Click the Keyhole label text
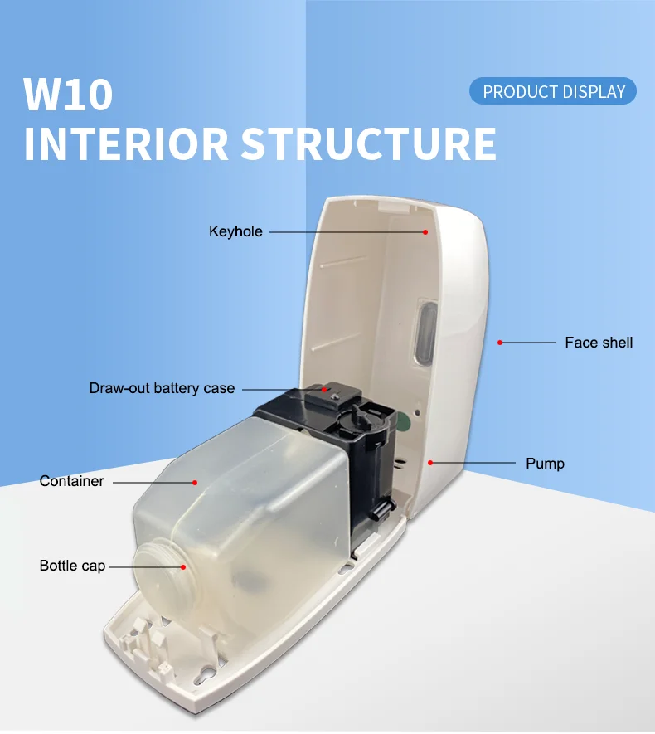coord(235,231)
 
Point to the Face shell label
coord(599,343)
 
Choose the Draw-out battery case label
coord(162,388)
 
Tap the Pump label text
coord(545,463)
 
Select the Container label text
coord(72,481)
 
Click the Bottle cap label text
coord(72,566)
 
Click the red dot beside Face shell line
coord(500,342)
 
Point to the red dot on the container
coord(195,481)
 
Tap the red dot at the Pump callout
coord(429,462)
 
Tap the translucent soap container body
coord(249,506)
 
